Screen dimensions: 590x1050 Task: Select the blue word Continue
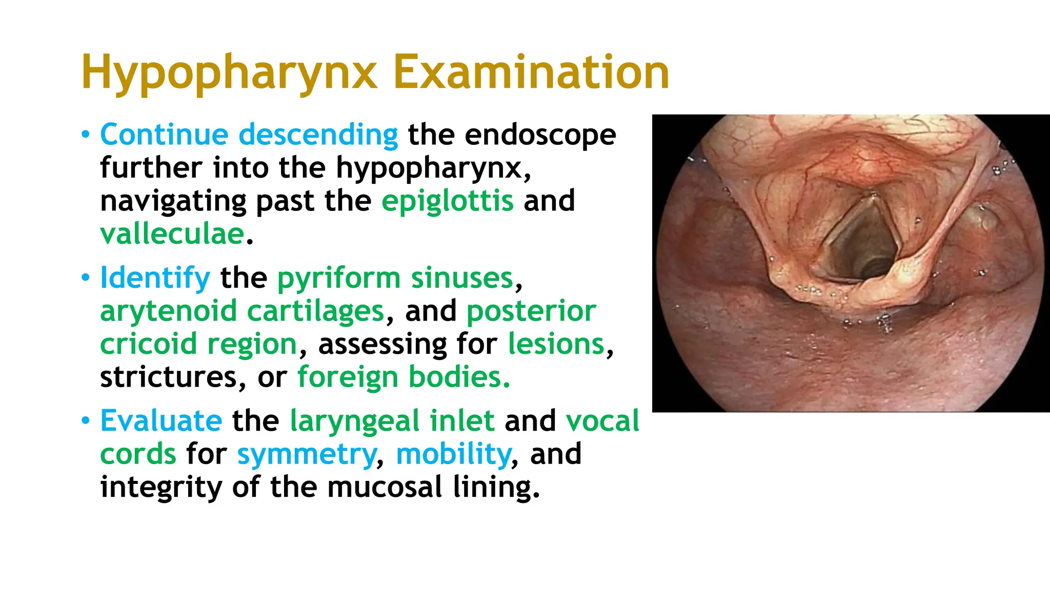click(164, 135)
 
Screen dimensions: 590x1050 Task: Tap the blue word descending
click(318, 136)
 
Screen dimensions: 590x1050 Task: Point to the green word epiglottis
click(447, 201)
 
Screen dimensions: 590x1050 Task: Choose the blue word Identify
click(155, 278)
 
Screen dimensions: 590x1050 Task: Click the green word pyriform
click(338, 279)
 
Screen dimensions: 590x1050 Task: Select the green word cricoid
click(149, 344)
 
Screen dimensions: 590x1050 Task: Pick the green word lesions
click(556, 344)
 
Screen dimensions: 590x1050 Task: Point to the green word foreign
click(348, 377)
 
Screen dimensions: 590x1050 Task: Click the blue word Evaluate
click(161, 421)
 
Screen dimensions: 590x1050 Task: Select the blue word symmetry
click(307, 455)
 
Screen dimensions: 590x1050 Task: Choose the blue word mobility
click(454, 454)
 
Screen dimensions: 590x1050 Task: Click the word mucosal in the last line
click(384, 487)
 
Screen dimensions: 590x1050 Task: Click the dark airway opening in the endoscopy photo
click(866, 246)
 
